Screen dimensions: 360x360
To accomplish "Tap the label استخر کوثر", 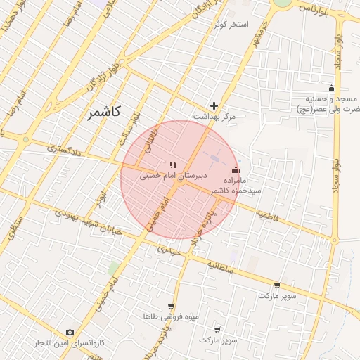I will [x=232, y=25].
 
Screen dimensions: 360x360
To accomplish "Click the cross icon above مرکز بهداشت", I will [x=214, y=105].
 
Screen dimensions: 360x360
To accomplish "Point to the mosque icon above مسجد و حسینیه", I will [x=331, y=89].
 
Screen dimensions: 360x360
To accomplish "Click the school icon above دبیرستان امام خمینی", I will [x=172, y=165].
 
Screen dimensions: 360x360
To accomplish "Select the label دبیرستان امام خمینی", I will [x=172, y=176].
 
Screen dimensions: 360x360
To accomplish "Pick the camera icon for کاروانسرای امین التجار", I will [x=70, y=332].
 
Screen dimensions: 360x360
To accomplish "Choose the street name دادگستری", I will [x=64, y=150].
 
